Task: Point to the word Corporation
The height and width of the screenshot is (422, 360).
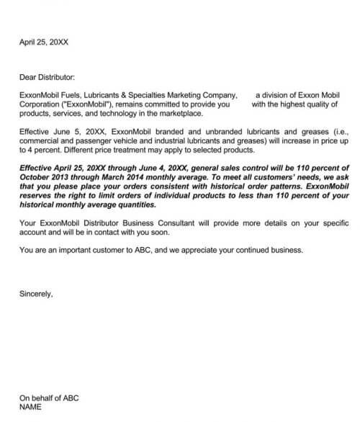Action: coord(41,104)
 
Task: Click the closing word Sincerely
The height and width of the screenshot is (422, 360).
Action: coord(35,295)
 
